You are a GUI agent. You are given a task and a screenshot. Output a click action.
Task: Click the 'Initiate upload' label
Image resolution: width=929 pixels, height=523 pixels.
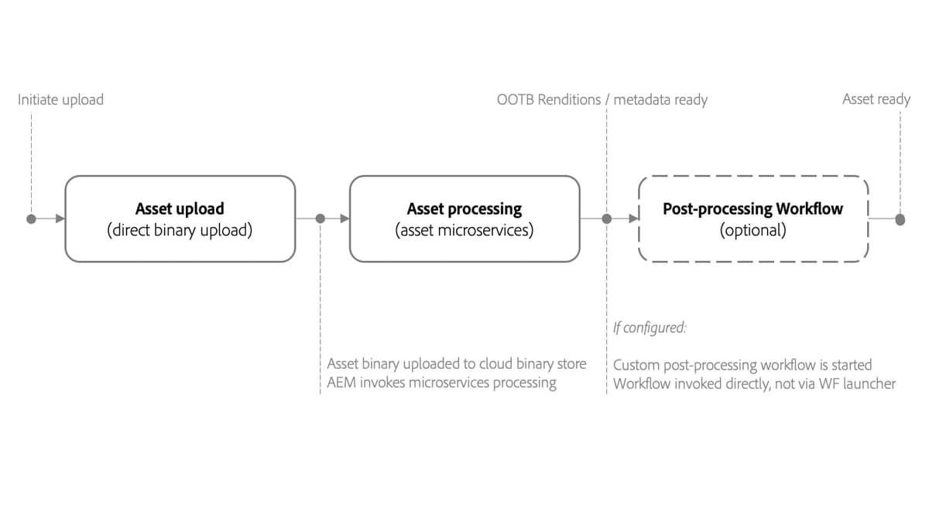60,99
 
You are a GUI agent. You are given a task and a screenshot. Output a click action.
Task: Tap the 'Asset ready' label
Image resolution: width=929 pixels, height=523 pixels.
876,99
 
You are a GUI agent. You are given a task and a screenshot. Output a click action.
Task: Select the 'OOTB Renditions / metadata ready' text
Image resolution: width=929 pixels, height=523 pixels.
602,99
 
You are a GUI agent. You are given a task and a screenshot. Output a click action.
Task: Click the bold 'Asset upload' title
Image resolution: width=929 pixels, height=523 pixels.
180,208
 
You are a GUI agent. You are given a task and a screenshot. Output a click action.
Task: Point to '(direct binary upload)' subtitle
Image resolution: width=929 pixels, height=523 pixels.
180,230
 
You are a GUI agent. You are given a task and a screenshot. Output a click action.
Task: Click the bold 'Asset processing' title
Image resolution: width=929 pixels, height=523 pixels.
464,208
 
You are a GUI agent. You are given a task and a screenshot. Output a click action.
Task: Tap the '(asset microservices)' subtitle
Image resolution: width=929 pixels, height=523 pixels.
464,230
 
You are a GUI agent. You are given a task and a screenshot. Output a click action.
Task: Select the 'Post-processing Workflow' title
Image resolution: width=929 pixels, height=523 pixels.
752,208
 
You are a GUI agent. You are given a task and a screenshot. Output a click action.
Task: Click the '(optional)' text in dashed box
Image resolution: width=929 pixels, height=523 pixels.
752,230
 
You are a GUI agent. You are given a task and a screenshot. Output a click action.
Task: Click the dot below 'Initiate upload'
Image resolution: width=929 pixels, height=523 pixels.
31,219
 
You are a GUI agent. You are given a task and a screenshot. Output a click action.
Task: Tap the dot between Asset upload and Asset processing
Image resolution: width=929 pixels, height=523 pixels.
321,219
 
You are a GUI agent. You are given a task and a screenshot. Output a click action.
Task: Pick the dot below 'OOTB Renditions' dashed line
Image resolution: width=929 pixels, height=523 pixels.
607,219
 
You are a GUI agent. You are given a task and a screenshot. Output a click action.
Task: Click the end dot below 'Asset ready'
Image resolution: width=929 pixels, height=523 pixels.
900,219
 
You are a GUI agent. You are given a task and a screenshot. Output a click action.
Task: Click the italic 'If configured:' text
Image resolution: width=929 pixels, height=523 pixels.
650,328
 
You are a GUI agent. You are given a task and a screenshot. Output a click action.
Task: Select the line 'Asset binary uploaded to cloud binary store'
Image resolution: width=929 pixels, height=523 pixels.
457,364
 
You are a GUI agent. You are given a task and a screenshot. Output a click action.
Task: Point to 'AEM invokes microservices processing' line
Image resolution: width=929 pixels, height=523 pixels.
441,383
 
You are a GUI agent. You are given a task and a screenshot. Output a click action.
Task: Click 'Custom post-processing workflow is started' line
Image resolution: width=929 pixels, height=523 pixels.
742,364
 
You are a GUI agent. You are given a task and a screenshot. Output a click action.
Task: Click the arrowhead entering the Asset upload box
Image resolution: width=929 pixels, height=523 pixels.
59,219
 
